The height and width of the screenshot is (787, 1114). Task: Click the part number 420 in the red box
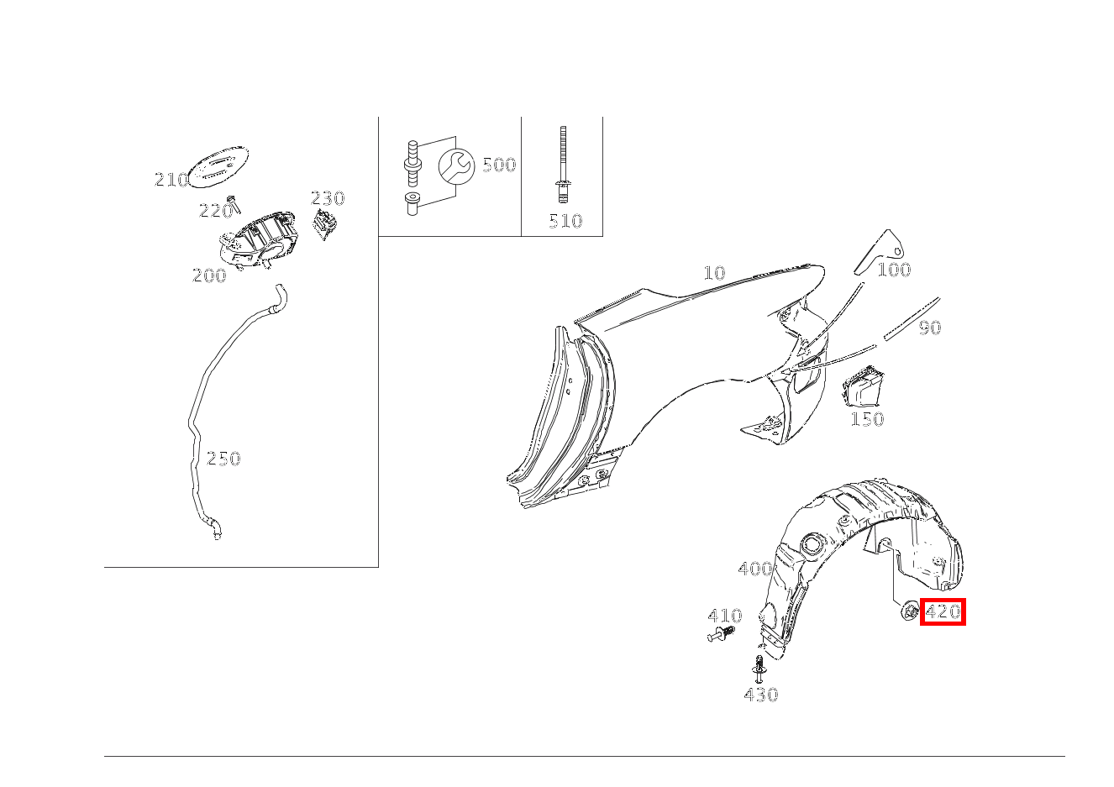click(x=943, y=611)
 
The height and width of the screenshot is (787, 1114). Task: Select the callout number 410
click(x=724, y=616)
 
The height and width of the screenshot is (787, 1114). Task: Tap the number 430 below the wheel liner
click(x=761, y=694)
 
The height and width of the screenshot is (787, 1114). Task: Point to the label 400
click(x=755, y=569)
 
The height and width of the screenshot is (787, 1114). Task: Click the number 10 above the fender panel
click(x=714, y=272)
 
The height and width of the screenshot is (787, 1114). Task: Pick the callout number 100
click(x=894, y=270)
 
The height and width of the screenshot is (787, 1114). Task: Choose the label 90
click(x=929, y=327)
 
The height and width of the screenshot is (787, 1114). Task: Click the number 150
click(x=867, y=418)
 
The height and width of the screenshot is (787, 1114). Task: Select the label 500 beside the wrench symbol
click(x=499, y=165)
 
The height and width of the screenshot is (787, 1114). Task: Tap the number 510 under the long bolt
click(x=565, y=221)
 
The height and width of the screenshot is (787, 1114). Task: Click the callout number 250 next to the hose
click(x=223, y=459)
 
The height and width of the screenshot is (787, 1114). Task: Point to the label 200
click(x=209, y=275)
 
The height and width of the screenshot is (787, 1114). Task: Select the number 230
click(x=328, y=198)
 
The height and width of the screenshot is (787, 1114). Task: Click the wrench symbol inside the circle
click(x=456, y=166)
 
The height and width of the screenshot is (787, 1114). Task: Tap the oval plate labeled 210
click(x=218, y=167)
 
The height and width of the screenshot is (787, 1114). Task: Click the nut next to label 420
click(x=910, y=611)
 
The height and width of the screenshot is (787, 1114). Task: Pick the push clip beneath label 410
click(x=721, y=634)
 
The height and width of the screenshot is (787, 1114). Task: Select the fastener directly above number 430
click(x=759, y=669)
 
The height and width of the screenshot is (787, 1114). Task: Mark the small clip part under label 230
click(x=324, y=224)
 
